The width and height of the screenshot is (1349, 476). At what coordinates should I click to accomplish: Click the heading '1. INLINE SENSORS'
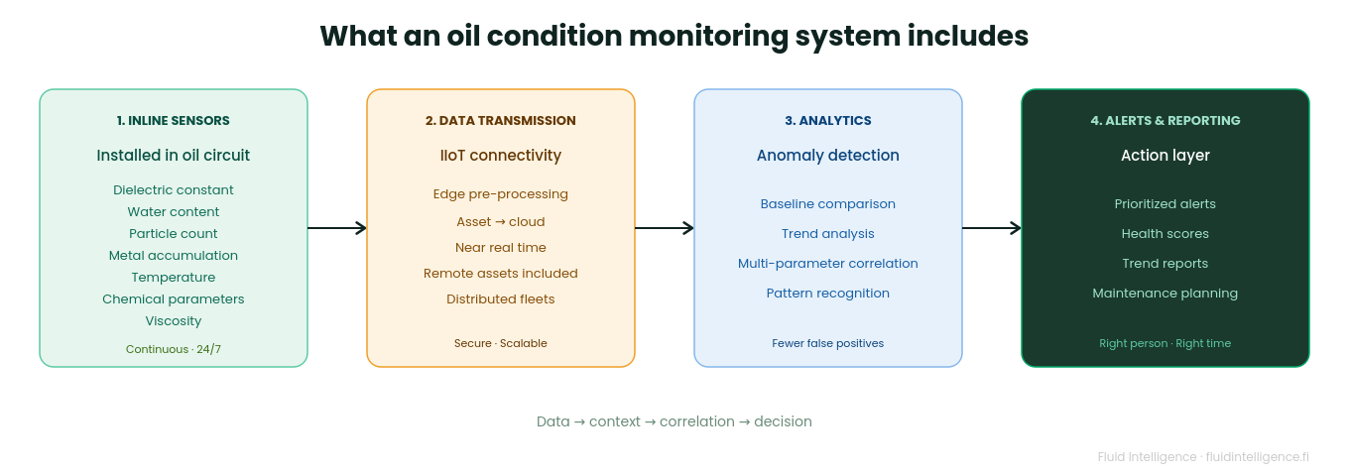coord(174,121)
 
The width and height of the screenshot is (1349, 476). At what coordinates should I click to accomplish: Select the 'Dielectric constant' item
coord(174,190)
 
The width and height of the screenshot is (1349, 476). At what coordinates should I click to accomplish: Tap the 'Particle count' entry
coord(174,234)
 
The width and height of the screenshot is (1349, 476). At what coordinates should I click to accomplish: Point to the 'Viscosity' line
coord(174,321)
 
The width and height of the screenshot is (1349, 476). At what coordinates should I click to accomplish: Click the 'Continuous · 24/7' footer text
coord(174,349)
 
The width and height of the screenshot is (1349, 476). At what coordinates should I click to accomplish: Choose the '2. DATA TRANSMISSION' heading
coord(501,121)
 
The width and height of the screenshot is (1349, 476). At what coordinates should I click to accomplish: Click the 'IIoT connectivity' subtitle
coord(501,156)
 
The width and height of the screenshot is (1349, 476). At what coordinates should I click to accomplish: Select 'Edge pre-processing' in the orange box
coord(501,194)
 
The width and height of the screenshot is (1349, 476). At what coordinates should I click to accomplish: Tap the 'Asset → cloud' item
coord(501,222)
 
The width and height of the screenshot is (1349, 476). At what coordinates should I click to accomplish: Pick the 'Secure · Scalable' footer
coord(501,343)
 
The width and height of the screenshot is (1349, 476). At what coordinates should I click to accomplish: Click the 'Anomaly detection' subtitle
coord(828,156)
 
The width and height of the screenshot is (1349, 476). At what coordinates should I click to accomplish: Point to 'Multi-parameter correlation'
coord(828,264)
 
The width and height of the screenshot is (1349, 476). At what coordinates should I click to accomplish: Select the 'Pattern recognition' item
coord(828,294)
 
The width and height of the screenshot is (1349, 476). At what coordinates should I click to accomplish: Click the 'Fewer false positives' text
coord(828,343)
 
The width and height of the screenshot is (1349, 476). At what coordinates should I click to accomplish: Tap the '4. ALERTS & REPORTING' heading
coord(1165,121)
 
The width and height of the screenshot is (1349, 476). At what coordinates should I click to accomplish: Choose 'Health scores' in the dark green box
coord(1165,234)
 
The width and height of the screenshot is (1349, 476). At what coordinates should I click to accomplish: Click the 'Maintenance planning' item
coord(1165,294)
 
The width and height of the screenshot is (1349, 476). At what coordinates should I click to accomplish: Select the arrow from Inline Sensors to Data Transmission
coord(337,228)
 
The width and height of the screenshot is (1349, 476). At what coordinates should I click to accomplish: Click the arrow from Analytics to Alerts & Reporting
coord(992,228)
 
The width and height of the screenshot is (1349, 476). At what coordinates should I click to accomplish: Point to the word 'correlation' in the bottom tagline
coord(697,421)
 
